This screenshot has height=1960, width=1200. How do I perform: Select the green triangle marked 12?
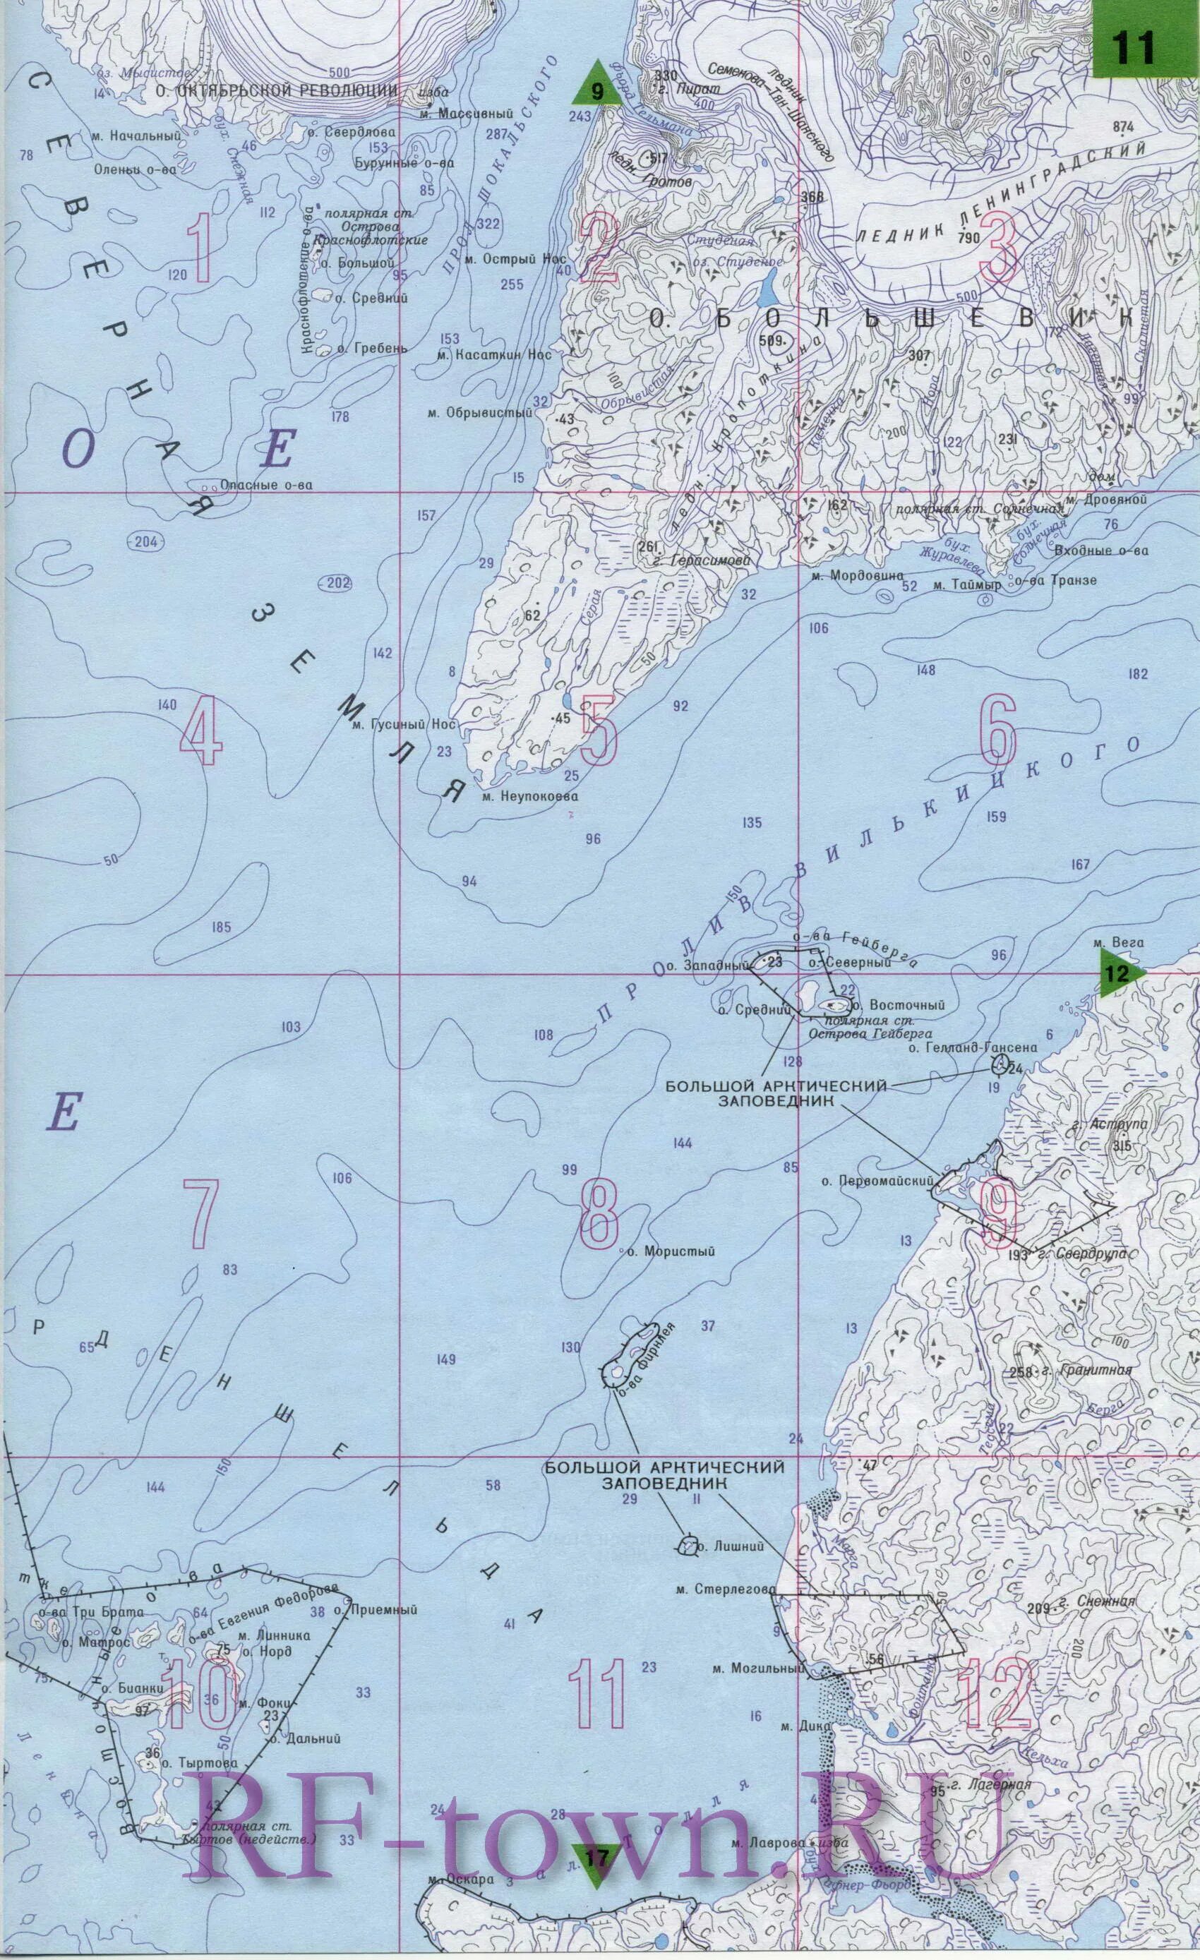pos(1120,973)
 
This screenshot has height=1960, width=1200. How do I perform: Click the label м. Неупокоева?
pos(529,795)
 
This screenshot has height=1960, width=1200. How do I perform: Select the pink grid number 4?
pos(200,736)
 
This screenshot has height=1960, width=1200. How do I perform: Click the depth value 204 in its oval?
pos(146,542)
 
